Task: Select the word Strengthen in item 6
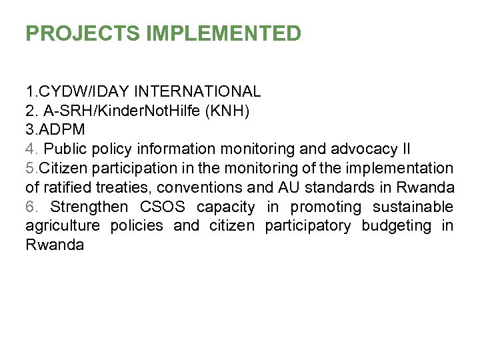tap(89, 207)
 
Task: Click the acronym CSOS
tap(164, 207)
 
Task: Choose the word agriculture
tap(63, 226)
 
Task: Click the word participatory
tap(308, 226)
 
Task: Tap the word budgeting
tap(397, 226)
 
